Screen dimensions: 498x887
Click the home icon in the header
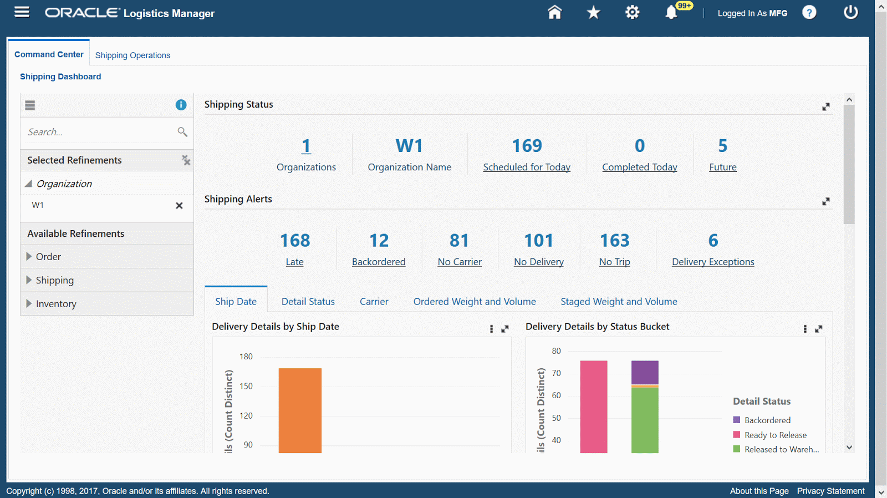[554, 13]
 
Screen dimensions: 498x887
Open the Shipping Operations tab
[132, 55]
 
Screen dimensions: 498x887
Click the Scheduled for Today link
[527, 167]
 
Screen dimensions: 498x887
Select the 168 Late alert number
[295, 241]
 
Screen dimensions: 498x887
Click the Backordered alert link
[379, 262]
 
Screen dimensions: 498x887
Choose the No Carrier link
[460, 262]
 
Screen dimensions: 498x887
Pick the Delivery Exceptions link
[713, 262]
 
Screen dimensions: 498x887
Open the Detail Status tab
[308, 302]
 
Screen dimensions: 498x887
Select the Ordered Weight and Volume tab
[475, 302]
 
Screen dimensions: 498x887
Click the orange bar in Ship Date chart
[300, 410]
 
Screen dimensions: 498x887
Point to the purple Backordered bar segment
[645, 372]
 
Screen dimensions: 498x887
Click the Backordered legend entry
[767, 420]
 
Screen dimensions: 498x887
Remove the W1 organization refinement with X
[179, 206]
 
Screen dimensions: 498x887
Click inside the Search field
[100, 132]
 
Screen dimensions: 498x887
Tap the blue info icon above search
[181, 105]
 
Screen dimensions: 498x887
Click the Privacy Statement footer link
[830, 491]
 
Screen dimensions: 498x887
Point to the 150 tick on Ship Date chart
[246, 386]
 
